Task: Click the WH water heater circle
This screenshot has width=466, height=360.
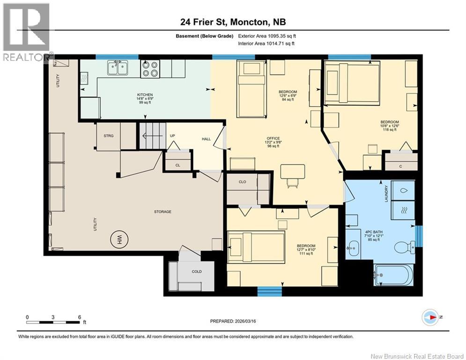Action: coord(119,239)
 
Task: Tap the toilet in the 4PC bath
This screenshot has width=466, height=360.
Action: coord(405,247)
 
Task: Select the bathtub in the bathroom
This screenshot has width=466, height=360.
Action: coord(393,275)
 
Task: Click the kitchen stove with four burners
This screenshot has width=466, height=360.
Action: coord(150,69)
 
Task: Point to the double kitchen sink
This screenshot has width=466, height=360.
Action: coord(118,67)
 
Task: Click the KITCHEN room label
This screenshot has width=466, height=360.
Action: coord(145,95)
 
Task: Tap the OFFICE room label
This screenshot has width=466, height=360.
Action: coord(273,138)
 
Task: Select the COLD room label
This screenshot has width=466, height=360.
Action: coord(197,271)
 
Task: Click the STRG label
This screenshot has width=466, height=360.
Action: coord(109,136)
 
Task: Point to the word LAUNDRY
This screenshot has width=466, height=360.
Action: coord(386,194)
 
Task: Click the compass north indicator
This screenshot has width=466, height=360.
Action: coord(430,317)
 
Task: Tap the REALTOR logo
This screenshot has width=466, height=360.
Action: coord(26,32)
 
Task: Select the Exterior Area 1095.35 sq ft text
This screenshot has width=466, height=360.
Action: coord(267,36)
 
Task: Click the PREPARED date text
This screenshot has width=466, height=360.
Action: coord(233,321)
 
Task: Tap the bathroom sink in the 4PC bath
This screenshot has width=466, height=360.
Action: coord(353,247)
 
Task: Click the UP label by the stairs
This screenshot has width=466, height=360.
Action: coord(172,135)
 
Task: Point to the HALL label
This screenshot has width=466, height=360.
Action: coord(206,139)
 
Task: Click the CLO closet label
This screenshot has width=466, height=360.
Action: coord(242,182)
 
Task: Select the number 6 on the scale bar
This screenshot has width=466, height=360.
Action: coord(80,317)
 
